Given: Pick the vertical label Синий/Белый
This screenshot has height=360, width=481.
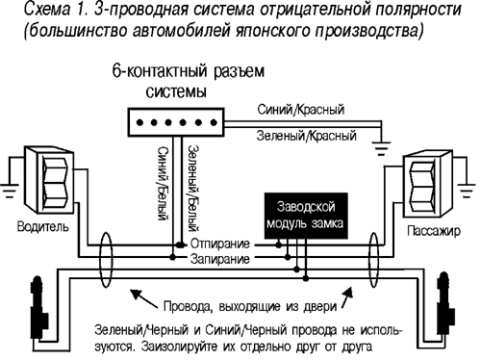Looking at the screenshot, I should [x=165, y=193].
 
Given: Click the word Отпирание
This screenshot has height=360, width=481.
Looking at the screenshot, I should [x=223, y=245].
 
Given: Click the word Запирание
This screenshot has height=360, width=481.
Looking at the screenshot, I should [x=223, y=261].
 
